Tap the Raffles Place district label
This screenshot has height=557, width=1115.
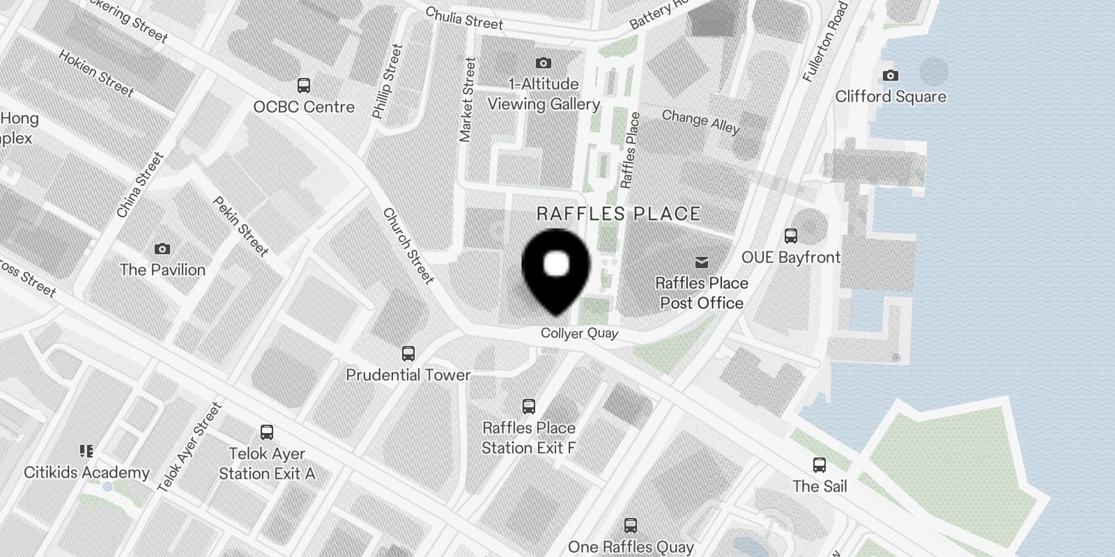[x=618, y=214]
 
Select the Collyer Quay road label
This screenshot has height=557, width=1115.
[x=579, y=334]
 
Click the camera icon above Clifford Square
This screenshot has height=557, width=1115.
[x=890, y=75]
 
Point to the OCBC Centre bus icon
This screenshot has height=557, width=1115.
[x=304, y=86]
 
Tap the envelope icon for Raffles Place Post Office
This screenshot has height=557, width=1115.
[x=702, y=262]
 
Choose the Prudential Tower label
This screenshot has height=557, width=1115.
[x=408, y=375]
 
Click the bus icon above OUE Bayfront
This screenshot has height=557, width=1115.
[x=790, y=236]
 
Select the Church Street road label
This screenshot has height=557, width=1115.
[x=408, y=246]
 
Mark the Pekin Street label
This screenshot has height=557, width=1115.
[x=240, y=226]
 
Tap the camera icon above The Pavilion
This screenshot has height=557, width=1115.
[x=162, y=249]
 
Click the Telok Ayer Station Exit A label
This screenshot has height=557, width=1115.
[x=267, y=464]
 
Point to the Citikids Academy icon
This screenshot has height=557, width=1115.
[x=86, y=452]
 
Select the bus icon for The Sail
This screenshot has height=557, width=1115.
[x=820, y=465]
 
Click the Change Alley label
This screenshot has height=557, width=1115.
[x=700, y=121]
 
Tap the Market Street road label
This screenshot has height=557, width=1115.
[x=467, y=100]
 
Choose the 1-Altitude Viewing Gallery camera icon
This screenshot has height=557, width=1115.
[x=543, y=63]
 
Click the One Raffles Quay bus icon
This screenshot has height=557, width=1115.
[x=631, y=526]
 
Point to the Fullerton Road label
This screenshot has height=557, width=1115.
[x=825, y=42]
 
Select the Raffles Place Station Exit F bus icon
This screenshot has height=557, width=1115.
[x=529, y=407]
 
